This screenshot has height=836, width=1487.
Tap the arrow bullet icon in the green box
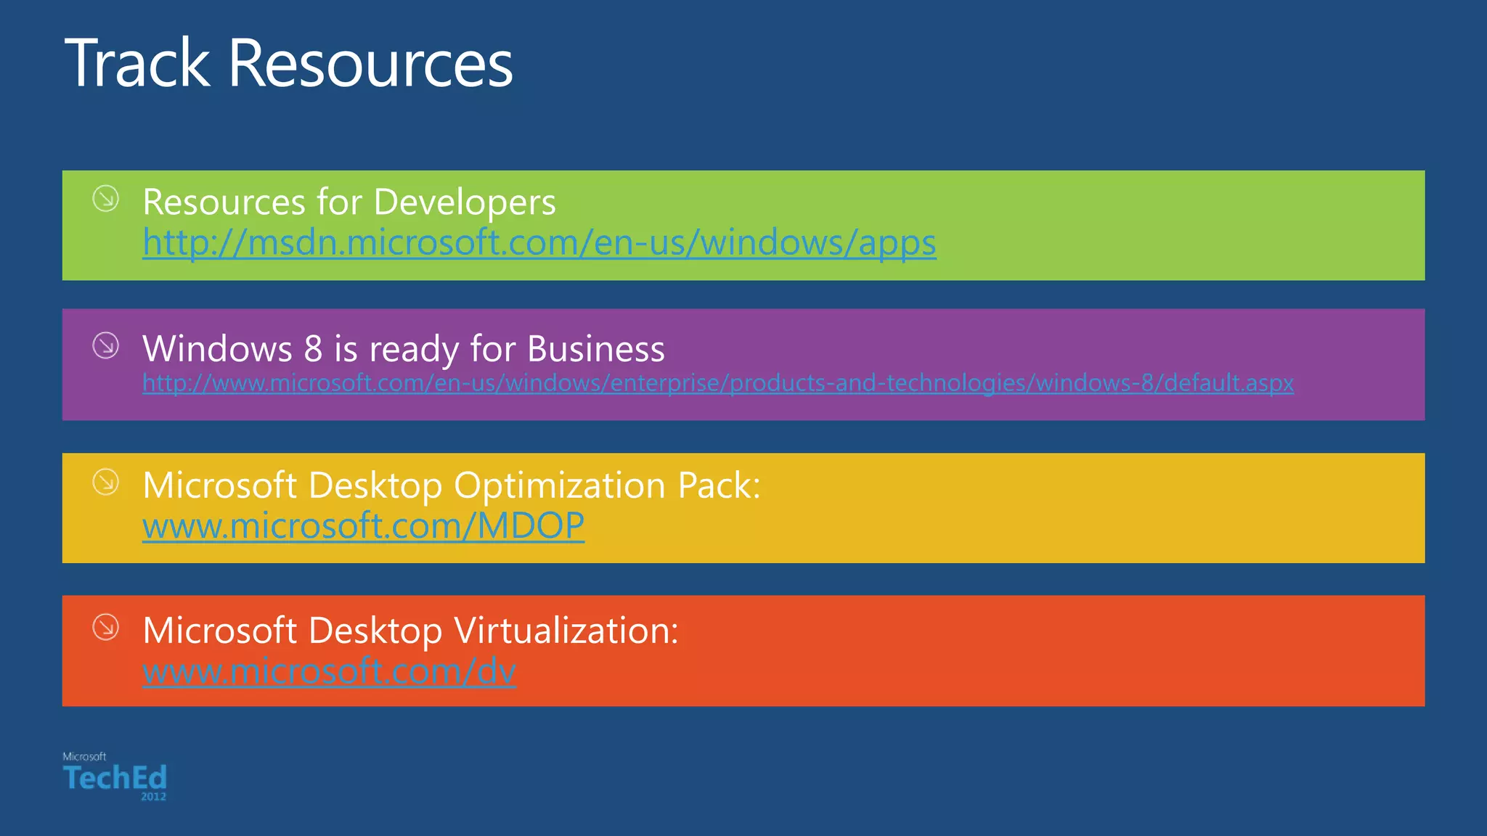tap(106, 198)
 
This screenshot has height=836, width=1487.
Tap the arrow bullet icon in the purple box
tap(106, 345)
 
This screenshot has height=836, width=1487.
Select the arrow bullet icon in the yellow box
tap(106, 482)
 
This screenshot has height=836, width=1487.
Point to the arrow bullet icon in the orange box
tap(106, 627)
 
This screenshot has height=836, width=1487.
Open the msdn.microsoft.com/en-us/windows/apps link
tap(539, 242)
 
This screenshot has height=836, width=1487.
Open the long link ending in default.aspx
tap(717, 382)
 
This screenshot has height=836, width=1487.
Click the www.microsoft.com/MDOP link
tap(363, 525)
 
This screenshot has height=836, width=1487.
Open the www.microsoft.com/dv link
tap(329, 671)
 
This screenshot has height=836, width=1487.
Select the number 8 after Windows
tap(313, 349)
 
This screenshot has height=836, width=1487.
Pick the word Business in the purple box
tap(595, 349)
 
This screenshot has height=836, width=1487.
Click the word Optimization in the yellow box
tap(559, 485)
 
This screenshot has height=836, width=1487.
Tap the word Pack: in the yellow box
tap(718, 485)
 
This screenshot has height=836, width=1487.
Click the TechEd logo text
tap(115, 778)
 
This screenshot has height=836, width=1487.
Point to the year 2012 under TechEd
tap(153, 797)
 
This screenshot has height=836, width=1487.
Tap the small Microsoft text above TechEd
tap(84, 756)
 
